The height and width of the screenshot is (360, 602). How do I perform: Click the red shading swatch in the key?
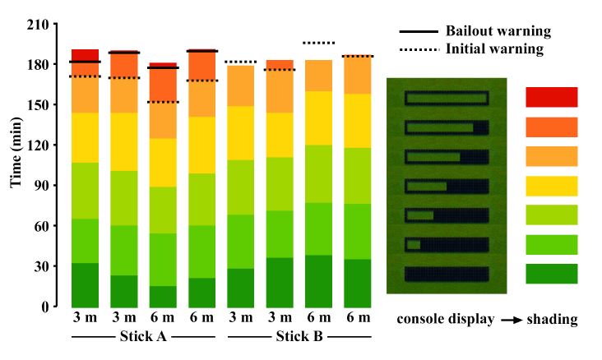[x=551, y=97]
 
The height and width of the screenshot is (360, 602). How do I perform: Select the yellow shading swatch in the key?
[x=551, y=186]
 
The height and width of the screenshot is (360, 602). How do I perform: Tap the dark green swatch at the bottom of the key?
[x=551, y=274]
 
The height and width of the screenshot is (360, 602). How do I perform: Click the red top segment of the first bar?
[x=86, y=55]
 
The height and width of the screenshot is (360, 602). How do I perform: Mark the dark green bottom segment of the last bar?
[x=357, y=283]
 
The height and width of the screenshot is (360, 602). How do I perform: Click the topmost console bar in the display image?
[x=447, y=99]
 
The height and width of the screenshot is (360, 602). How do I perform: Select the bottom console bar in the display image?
[x=447, y=274]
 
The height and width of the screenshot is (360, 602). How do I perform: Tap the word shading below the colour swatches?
[x=553, y=320]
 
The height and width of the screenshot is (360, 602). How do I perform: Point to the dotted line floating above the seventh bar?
[x=318, y=43]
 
